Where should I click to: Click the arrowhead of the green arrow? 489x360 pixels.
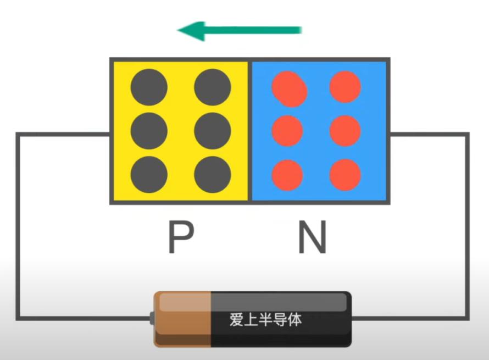click(191, 31)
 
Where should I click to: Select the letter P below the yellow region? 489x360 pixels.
click(181, 237)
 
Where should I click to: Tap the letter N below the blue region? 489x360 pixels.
click(313, 237)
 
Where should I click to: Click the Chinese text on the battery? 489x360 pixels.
click(266, 319)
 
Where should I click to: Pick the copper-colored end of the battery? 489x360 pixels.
click(182, 319)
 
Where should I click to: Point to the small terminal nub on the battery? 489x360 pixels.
click(152, 318)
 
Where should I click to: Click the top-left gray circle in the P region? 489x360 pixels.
click(149, 87)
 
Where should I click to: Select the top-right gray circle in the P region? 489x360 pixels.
click(213, 87)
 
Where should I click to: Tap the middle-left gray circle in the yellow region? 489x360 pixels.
click(149, 131)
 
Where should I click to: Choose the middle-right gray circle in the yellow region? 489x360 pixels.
click(213, 131)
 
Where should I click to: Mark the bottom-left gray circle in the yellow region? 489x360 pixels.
click(149, 174)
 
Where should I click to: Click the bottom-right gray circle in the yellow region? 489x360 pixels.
click(213, 174)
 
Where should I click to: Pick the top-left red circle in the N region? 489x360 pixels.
click(290, 89)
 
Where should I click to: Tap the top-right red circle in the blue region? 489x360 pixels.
click(345, 87)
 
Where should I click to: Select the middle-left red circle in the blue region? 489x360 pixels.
click(287, 131)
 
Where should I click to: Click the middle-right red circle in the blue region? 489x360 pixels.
click(345, 131)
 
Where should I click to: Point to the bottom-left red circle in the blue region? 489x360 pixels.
click(287, 175)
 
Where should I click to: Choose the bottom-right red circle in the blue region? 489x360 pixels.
click(345, 175)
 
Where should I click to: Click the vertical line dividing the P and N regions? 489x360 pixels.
click(250, 131)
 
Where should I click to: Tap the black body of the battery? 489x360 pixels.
click(281, 319)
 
